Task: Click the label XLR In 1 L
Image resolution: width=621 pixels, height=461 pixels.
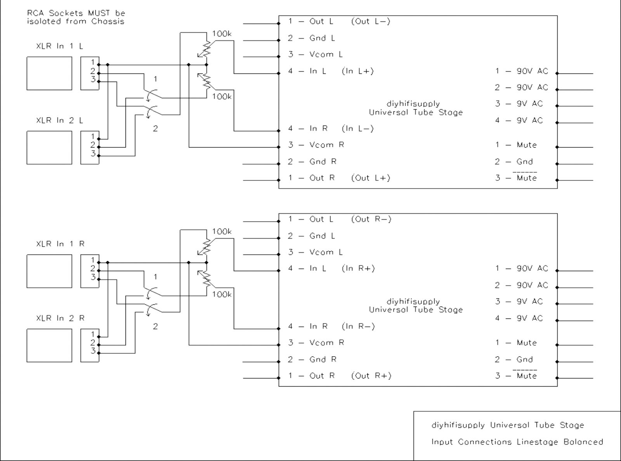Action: pyautogui.click(x=59, y=46)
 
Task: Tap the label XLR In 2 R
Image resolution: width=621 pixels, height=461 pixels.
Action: pyautogui.click(x=60, y=318)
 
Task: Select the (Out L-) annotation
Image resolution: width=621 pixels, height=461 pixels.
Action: pyautogui.click(x=371, y=21)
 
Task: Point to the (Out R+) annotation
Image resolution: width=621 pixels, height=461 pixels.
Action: pyautogui.click(x=371, y=376)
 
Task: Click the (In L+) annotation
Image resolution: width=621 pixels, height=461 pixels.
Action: pyautogui.click(x=357, y=71)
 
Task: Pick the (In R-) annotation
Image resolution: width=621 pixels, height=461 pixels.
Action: pyautogui.click(x=358, y=326)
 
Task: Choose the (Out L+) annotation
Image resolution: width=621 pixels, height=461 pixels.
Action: pyautogui.click(x=371, y=178)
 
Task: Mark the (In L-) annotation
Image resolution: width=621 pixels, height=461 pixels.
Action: pyautogui.click(x=357, y=128)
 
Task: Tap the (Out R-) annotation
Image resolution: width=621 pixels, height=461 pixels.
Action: pyautogui.click(x=371, y=219)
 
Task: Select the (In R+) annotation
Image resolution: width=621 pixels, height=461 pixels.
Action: pyautogui.click(x=358, y=269)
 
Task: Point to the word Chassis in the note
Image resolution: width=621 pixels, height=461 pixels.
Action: pyautogui.click(x=108, y=21)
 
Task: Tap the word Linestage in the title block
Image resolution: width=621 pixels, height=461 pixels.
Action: pyautogui.click(x=537, y=442)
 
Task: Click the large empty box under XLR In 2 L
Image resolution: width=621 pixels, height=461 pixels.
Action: pyautogui.click(x=49, y=148)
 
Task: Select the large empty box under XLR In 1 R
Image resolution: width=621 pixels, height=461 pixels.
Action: pyautogui.click(x=49, y=271)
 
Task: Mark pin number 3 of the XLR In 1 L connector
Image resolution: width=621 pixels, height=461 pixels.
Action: pyautogui.click(x=93, y=80)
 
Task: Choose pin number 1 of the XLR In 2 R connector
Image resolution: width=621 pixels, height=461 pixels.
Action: pyautogui.click(x=93, y=334)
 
